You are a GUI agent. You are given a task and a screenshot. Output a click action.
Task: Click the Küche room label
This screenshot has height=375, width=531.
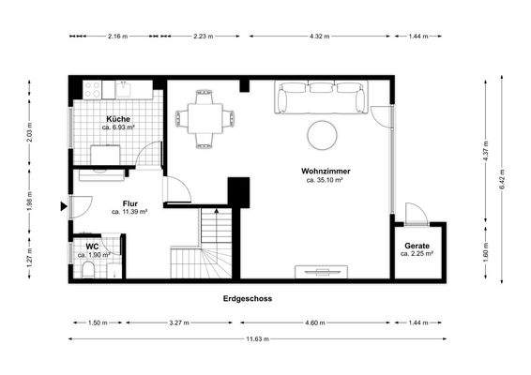pyautogui.click(x=119, y=119)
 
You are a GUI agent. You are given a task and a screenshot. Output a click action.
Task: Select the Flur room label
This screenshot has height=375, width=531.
pyautogui.click(x=130, y=202)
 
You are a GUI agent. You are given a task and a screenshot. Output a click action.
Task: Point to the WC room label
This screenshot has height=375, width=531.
pyautogui.click(x=92, y=247)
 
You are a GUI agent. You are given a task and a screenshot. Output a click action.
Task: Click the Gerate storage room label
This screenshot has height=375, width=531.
pyautogui.click(x=417, y=246)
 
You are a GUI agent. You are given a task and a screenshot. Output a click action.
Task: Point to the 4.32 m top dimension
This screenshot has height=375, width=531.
pyautogui.click(x=318, y=37)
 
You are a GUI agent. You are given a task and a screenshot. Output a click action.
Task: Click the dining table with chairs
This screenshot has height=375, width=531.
pyautogui.click(x=204, y=119)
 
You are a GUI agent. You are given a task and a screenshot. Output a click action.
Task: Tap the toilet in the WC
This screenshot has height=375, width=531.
pyautogui.click(x=88, y=270)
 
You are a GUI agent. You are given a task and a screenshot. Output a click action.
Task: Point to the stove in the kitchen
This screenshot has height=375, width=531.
pyautogui.click(x=92, y=89)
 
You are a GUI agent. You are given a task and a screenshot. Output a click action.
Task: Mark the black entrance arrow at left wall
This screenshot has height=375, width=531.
pyautogui.click(x=63, y=206)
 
